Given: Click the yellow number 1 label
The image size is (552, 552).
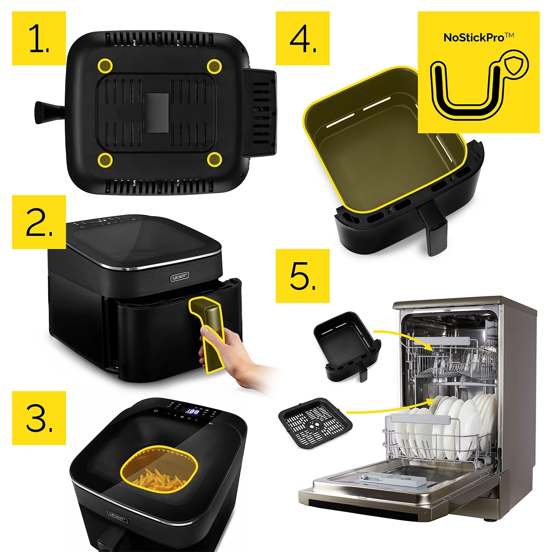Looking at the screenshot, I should click(39, 38).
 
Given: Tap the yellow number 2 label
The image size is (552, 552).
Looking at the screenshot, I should click(39, 222).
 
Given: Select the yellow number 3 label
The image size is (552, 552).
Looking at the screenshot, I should click(39, 417).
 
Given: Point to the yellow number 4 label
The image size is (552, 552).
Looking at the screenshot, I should click(303, 38).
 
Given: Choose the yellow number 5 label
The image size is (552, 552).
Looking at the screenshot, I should click(303, 276).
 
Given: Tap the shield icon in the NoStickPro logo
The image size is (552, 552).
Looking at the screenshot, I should click(516, 65).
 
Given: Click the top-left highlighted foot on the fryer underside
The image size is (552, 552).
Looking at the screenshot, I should click(105, 66).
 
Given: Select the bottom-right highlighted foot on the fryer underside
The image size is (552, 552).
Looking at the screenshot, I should click(213, 160).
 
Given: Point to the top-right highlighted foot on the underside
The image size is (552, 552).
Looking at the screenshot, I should click(213, 66).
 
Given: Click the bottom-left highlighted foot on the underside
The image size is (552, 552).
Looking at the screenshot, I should click(105, 160).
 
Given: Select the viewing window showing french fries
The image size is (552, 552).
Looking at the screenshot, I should click(160, 474).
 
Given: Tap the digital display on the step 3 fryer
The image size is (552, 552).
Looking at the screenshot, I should click(192, 412).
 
